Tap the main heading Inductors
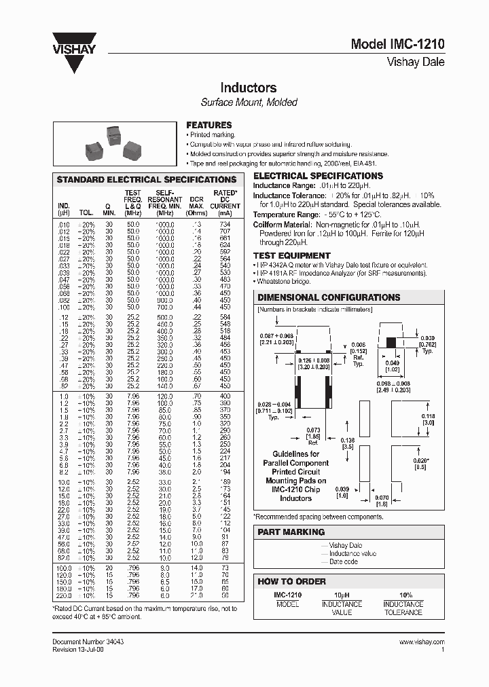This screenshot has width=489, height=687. point(248,88)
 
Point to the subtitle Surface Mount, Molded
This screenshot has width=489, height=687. point(249,103)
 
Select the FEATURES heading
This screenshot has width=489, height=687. point(209,125)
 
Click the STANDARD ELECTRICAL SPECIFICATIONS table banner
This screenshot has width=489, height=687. point(146,180)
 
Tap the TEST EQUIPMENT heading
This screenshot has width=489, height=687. point(291,255)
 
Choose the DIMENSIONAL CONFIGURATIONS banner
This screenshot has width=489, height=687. point(329,297)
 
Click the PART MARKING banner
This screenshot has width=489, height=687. point(291,532)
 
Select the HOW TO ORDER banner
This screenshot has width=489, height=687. point(291,581)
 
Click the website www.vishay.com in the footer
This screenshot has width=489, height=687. point(421,642)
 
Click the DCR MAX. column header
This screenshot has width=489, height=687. point(196,202)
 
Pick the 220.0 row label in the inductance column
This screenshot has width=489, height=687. point(64,595)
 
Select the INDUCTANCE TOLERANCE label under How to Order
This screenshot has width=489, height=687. point(403,608)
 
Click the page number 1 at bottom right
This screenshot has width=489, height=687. point(442,649)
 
